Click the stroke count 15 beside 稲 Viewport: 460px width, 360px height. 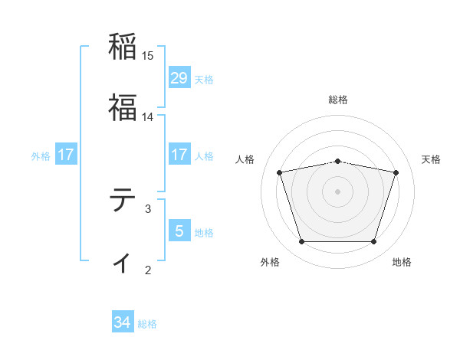148,56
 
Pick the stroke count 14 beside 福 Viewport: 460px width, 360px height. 148,117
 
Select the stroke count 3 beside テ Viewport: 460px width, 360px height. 148,208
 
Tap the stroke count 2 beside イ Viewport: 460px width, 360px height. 148,270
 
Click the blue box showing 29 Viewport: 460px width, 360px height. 179,78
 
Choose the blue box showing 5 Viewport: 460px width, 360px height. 179,231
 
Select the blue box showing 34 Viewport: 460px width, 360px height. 123,323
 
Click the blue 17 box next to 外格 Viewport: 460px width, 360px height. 66,155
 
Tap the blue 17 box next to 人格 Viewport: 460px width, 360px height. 179,155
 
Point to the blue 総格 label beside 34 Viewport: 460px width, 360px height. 147,324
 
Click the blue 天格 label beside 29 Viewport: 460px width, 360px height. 204,79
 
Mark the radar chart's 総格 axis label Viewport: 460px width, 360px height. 338,100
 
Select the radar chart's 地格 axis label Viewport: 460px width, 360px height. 402,262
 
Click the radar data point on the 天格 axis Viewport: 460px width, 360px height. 396,172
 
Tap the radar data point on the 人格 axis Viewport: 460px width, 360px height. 280,172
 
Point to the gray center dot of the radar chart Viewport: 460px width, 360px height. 338,191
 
